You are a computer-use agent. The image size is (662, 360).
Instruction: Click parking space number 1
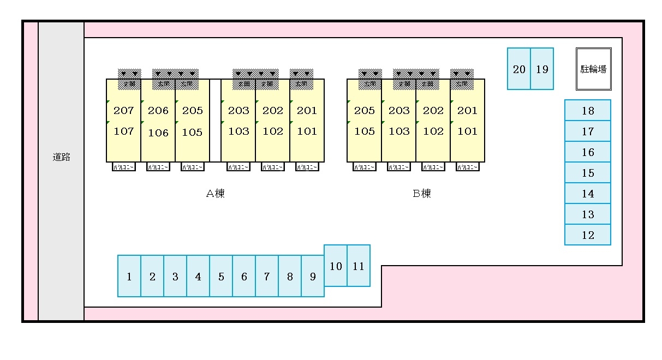click(x=129, y=276)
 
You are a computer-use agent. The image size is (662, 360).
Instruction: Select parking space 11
click(x=359, y=266)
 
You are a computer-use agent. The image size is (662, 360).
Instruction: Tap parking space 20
click(x=519, y=69)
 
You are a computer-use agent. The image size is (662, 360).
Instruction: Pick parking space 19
click(x=542, y=69)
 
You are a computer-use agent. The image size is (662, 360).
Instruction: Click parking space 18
click(x=588, y=111)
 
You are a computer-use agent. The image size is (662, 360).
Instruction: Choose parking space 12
click(x=588, y=235)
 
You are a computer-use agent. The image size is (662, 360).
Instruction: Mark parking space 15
click(x=588, y=173)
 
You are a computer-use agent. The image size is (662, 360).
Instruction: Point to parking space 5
click(x=221, y=276)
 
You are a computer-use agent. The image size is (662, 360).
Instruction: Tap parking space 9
click(x=313, y=276)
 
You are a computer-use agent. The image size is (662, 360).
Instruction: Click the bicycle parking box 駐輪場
click(x=594, y=69)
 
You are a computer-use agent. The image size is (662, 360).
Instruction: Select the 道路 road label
click(x=61, y=157)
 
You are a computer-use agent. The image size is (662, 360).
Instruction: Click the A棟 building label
click(x=215, y=193)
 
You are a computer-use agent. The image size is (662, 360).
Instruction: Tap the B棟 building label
click(x=422, y=193)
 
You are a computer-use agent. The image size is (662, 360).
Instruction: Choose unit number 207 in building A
click(x=124, y=110)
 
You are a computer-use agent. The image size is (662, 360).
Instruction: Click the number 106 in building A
click(x=158, y=132)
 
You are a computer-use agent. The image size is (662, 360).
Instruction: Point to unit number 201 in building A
click(x=307, y=110)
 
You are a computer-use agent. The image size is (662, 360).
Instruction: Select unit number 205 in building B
click(x=365, y=110)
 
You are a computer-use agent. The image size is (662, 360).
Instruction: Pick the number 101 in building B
click(x=467, y=131)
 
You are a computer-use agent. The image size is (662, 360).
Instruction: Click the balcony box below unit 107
click(x=124, y=167)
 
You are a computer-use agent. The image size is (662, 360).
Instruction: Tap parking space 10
click(x=336, y=266)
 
